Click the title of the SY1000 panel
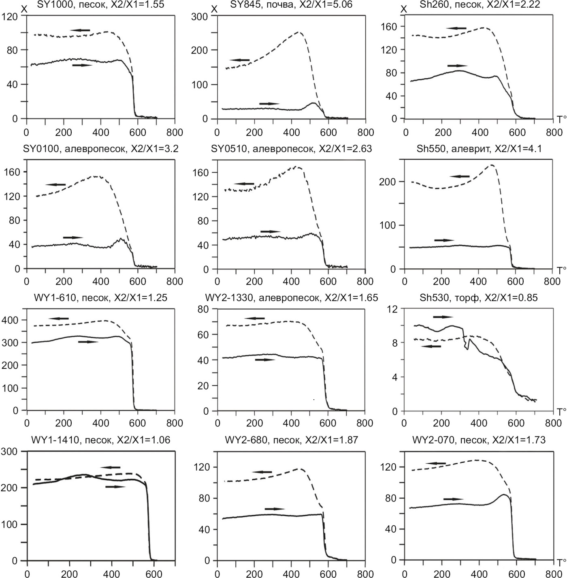[x=96, y=5]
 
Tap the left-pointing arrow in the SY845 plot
[x=240, y=60]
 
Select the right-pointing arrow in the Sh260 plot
[x=457, y=66]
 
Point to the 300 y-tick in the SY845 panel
[x=200, y=17]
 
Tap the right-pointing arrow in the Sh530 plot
[x=443, y=317]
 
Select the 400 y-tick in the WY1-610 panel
[x=11, y=320]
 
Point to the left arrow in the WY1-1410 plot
[x=111, y=467]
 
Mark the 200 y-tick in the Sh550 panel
[x=387, y=182]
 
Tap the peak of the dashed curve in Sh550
[x=492, y=165]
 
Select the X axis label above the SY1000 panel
[x=24, y=9]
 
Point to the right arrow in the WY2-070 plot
[x=454, y=499]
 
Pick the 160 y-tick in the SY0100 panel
[x=12, y=172]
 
